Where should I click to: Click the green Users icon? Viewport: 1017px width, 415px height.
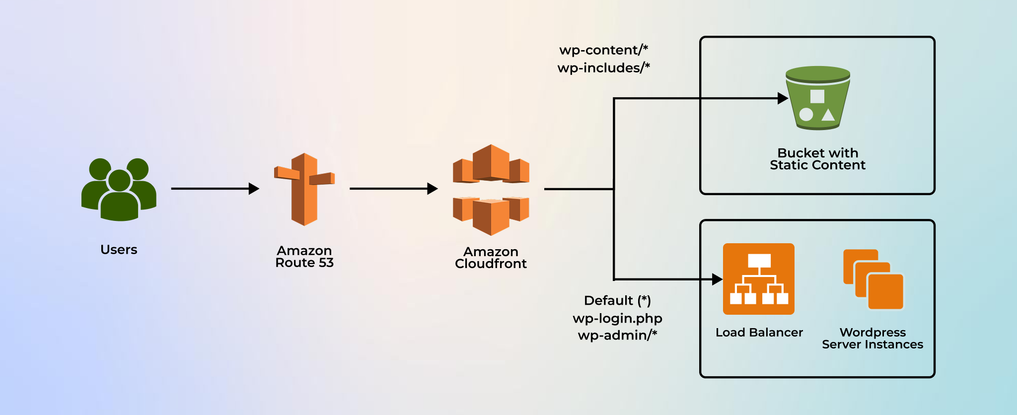pos(119,190)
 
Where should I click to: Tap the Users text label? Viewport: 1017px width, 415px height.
pos(119,250)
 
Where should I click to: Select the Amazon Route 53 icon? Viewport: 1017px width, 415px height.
pos(304,189)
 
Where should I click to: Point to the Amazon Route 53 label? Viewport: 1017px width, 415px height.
pos(304,257)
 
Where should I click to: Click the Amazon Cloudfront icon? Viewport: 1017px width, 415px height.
pos(491,190)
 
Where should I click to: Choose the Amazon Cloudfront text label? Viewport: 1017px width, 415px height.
pos(491,258)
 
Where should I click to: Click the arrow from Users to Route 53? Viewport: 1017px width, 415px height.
pos(214,189)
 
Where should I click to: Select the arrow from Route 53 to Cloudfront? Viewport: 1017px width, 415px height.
pos(392,189)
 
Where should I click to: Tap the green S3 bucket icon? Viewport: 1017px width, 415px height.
pos(817,98)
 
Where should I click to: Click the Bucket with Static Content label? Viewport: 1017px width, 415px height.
pos(817,159)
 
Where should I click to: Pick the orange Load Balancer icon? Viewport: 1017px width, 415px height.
pos(758,279)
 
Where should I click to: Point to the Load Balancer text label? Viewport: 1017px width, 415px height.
pos(759,333)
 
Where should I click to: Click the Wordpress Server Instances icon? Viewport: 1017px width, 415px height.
pos(873,279)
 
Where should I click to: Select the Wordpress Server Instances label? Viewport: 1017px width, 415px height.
pos(872,339)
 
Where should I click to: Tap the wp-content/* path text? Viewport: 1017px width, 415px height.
pos(603,50)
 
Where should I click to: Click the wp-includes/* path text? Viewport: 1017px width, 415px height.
pos(603,68)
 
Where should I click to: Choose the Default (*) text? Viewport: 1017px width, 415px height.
pos(617,301)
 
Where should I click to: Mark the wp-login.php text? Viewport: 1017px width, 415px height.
pos(617,319)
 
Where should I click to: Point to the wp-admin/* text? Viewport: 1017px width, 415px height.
pos(617,336)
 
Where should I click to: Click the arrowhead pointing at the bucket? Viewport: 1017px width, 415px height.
pos(783,98)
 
